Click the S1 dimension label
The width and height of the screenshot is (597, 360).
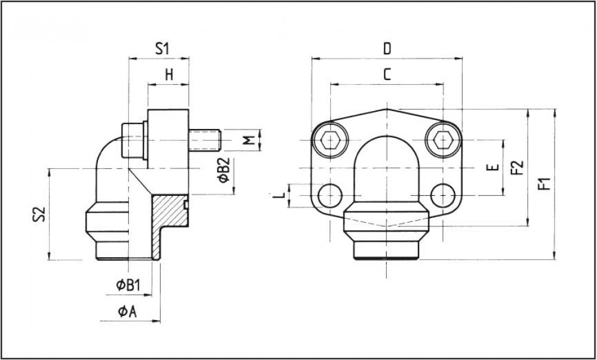(x=162, y=50)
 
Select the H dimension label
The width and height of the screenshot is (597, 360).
(x=169, y=75)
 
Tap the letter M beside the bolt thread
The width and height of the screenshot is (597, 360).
(x=248, y=140)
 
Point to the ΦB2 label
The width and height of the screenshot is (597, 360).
(x=224, y=170)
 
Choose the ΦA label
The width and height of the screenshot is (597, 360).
(x=128, y=312)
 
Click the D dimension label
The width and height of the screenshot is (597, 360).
(x=387, y=49)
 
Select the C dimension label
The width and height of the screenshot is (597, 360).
(x=387, y=75)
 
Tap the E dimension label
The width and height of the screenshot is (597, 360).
(x=493, y=167)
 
